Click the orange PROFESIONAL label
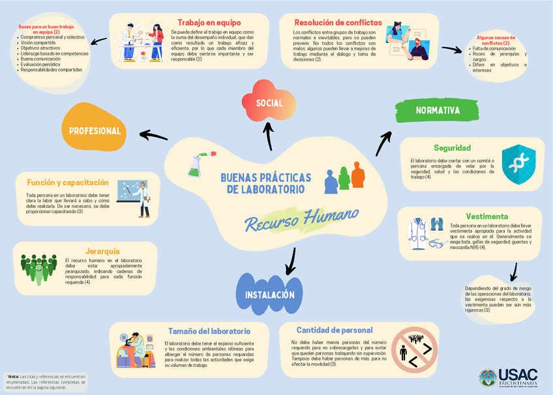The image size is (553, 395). [x=95, y=130]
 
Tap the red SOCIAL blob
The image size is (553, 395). [x=269, y=103]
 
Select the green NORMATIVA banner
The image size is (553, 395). [x=438, y=110]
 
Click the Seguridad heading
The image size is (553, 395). [x=452, y=148]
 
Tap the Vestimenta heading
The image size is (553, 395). [x=487, y=216]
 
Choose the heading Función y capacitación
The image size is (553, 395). [x=68, y=183]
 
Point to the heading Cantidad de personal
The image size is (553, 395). [x=334, y=330]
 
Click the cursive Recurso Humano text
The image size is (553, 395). [x=302, y=219]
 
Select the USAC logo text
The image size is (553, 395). [x=518, y=375]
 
